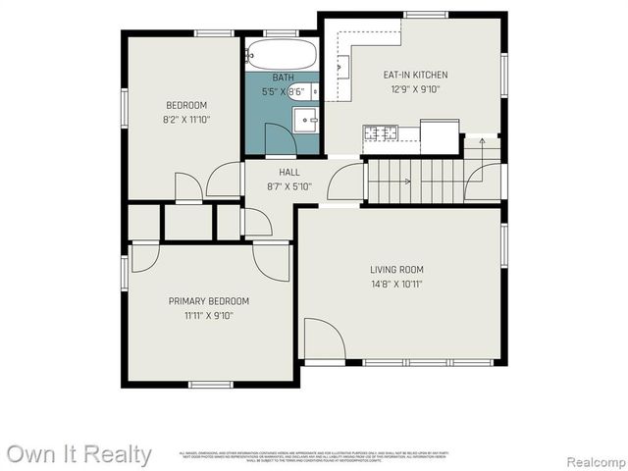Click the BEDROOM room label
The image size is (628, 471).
[186, 105]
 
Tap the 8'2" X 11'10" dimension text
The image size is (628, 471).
[186, 120]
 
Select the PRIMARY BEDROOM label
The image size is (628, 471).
[208, 301]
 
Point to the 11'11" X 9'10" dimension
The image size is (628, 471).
[208, 316]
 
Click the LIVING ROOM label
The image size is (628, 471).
[396, 270]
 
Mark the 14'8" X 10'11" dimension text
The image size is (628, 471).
[396, 285]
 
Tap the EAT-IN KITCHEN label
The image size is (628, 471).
[415, 75]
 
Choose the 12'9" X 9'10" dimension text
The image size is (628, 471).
[415, 89]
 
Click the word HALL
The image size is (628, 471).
[288, 172]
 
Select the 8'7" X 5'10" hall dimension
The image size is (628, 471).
[288, 186]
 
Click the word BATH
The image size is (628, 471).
[283, 78]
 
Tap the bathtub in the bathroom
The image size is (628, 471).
[282, 53]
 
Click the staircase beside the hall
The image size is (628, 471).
[412, 180]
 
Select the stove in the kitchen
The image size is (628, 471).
[380, 132]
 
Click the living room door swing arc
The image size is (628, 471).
[324, 340]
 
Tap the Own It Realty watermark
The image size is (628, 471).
[78, 454]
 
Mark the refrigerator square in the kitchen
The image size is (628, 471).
[440, 135]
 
